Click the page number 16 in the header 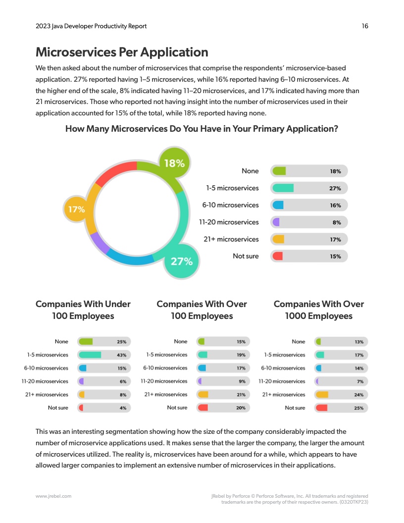pyautogui.click(x=364, y=26)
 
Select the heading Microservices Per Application pyautogui.click(x=122, y=52)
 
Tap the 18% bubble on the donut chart pyautogui.click(x=174, y=163)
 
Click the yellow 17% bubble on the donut pyautogui.click(x=77, y=209)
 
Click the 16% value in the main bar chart pyautogui.click(x=335, y=206)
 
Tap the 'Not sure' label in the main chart pyautogui.click(x=246, y=256)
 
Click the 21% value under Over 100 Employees pyautogui.click(x=241, y=395)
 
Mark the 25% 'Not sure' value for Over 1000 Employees pyautogui.click(x=359, y=408)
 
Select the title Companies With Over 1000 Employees pyautogui.click(x=318, y=310)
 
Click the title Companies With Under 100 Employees pyautogui.click(x=83, y=310)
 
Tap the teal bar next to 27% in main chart pyautogui.click(x=283, y=188)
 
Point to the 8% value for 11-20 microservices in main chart pyautogui.click(x=337, y=222)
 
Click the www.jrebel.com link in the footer pyautogui.click(x=53, y=496)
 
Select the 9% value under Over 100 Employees pyautogui.click(x=242, y=381)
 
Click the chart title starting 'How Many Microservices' pyautogui.click(x=202, y=129)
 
